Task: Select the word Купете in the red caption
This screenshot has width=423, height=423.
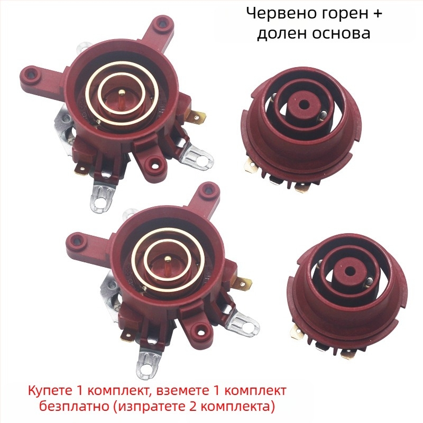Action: pos(49,391)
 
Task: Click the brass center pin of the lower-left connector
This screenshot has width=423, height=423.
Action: pos(168,259)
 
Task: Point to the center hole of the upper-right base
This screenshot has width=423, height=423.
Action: pos(305,104)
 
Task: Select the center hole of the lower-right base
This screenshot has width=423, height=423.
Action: pos(350,270)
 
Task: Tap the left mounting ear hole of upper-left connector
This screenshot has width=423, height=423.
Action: pos(32,73)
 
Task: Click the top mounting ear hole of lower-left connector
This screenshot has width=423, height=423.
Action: pos(208,191)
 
